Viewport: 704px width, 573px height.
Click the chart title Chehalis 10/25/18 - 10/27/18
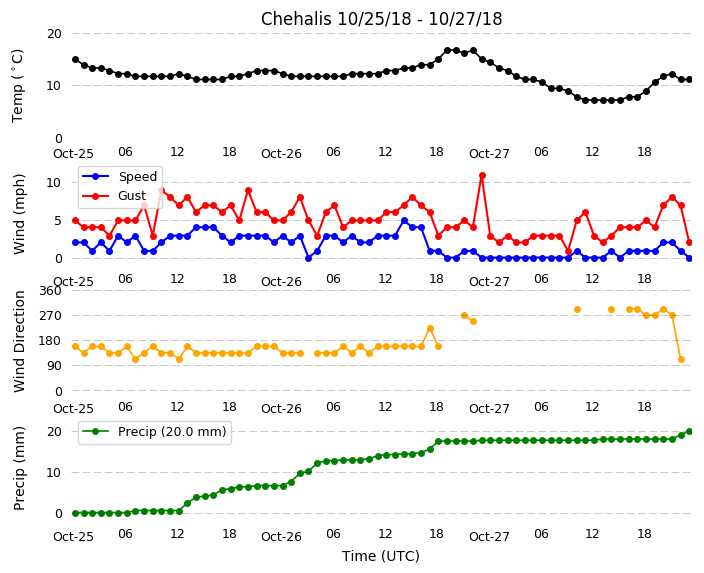[381, 19]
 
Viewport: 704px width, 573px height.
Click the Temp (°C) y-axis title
[18, 85]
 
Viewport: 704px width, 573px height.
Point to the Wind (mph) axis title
[20, 213]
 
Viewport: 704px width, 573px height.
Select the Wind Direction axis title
[20, 341]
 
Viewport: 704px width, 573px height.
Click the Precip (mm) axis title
[20, 469]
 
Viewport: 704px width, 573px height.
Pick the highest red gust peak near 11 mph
[482, 176]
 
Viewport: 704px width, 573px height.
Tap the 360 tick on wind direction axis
[49, 291]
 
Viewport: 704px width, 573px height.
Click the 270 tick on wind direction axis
[49, 316]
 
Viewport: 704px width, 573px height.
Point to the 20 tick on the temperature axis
[54, 34]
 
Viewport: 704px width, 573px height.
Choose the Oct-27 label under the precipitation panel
[489, 537]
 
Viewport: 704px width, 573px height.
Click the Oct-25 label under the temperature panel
[73, 154]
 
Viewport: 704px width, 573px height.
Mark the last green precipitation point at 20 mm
[689, 431]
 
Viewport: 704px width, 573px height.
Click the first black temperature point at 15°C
[75, 60]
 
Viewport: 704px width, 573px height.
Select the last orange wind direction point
[681, 360]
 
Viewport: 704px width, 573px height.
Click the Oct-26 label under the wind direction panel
[281, 409]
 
